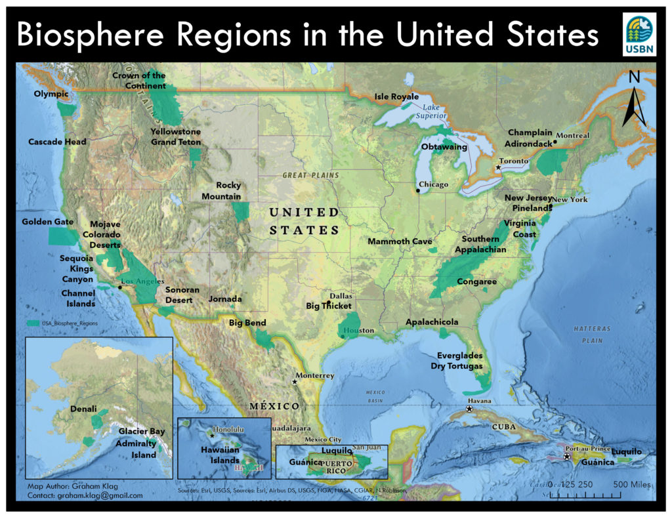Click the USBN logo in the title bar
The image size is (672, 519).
(x=639, y=35)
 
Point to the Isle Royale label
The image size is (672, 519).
(x=396, y=97)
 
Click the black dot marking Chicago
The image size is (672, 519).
(x=418, y=191)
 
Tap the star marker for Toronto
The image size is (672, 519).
(x=498, y=168)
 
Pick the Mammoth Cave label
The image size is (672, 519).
(x=400, y=241)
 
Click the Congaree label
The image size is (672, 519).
(x=477, y=282)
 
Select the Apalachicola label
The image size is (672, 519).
(x=432, y=322)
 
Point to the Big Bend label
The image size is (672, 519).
(x=247, y=323)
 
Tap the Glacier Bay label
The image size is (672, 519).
(x=142, y=432)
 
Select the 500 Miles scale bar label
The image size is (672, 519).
(x=631, y=485)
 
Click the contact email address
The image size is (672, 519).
(x=85, y=495)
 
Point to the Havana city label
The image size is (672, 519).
(x=479, y=401)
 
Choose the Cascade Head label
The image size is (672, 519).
(x=57, y=142)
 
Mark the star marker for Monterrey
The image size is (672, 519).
(x=295, y=382)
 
